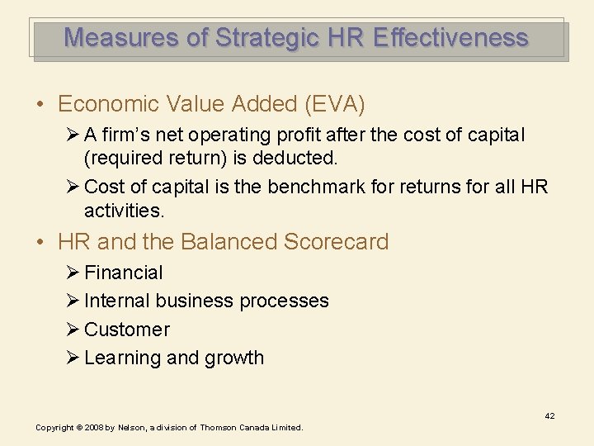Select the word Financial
pos(124,273)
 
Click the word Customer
pos(127,330)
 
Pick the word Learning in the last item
pos(122,358)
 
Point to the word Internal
pos(117,301)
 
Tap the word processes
pos(283,301)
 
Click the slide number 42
pos(549,416)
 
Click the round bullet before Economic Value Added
pos(40,105)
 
